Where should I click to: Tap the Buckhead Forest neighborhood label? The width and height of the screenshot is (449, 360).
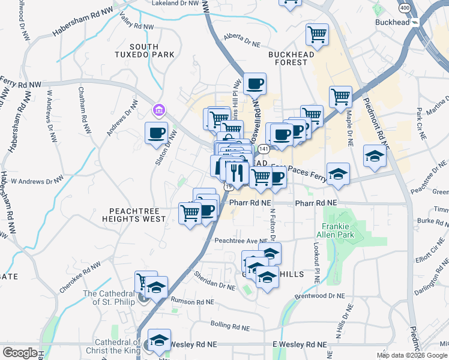coord(291,59)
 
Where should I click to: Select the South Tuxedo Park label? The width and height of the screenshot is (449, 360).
coord(144,51)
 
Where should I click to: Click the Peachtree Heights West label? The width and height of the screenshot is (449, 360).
coord(137,215)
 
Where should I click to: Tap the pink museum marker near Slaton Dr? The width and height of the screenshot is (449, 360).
coord(159,110)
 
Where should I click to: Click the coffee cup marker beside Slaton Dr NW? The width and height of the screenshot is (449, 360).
coord(157,133)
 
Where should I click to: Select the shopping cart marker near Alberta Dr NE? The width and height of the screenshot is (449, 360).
coord(317,34)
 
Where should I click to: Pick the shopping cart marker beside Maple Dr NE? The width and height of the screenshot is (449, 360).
coord(340,96)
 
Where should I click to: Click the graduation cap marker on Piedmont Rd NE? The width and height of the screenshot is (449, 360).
coord(375,157)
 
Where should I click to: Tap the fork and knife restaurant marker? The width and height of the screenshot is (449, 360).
coord(235,172)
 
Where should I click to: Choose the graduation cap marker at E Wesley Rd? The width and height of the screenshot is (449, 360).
coord(159,340)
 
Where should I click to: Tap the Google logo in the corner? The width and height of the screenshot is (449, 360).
coord(20,353)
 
